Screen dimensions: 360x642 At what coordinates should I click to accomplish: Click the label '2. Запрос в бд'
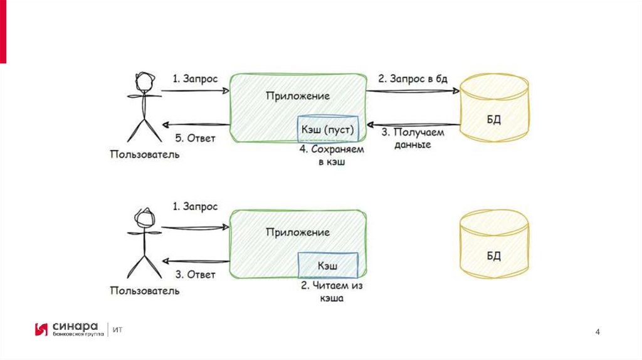(413, 79)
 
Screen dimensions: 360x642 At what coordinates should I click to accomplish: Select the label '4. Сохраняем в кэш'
(330, 156)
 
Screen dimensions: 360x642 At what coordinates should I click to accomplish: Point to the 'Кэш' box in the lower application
(327, 265)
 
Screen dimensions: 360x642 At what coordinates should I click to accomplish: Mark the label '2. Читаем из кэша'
(332, 292)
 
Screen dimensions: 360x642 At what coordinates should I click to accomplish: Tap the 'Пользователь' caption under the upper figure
(144, 154)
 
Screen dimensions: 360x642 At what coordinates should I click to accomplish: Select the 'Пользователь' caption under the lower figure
(144, 290)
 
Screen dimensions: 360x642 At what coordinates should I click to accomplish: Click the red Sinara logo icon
(41, 329)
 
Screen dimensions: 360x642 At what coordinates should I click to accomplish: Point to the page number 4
(597, 331)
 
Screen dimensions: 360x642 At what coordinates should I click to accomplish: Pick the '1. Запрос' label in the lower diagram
(195, 206)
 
